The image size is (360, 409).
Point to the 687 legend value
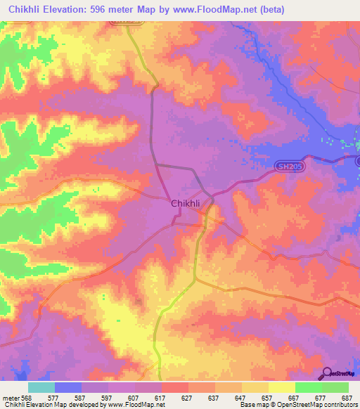coord(346,396)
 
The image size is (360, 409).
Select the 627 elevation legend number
coord(188,396)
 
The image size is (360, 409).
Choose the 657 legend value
coord(268,396)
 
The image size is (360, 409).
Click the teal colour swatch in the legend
coord(41,387)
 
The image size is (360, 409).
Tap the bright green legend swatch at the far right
coord(335,387)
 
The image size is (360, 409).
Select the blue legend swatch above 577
coord(68,387)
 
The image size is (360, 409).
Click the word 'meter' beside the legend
coord(10,396)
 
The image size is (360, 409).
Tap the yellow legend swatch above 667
coord(282,387)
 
